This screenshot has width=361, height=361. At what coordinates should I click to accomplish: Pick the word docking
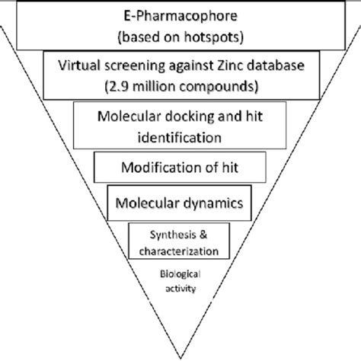(x=187, y=117)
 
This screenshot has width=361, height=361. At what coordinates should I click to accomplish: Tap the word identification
(x=180, y=138)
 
